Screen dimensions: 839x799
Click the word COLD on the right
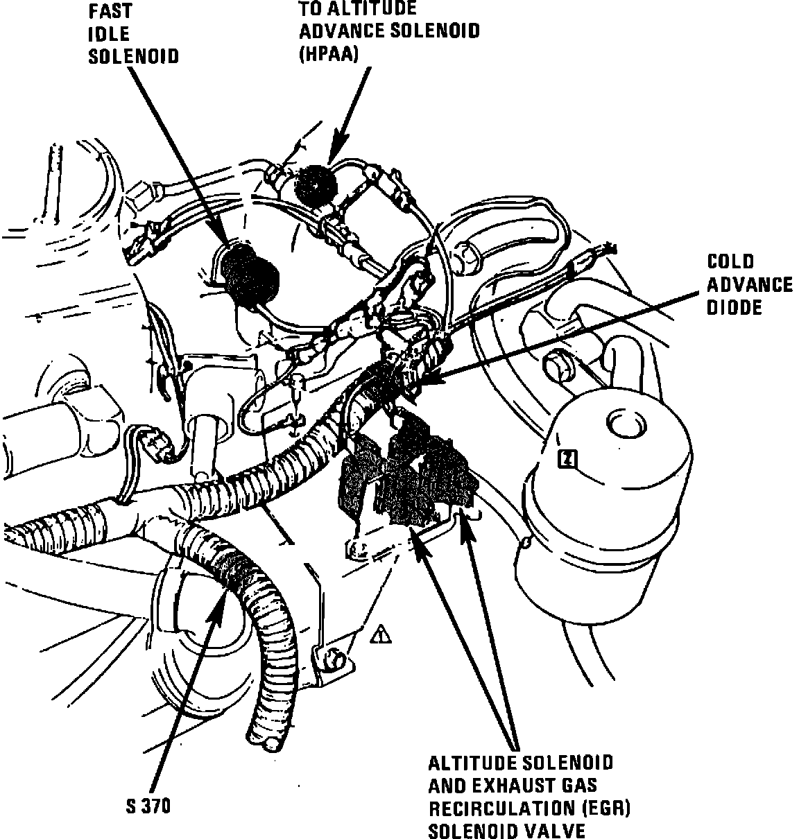pos(730,261)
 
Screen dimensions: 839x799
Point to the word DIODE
pos(734,307)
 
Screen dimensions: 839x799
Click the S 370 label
pos(148,806)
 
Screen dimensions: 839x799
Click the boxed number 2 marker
pos(567,458)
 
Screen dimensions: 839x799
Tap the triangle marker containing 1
pos(381,634)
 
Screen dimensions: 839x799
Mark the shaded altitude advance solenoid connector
pos(316,182)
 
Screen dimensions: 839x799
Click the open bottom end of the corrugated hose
pos(269,743)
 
